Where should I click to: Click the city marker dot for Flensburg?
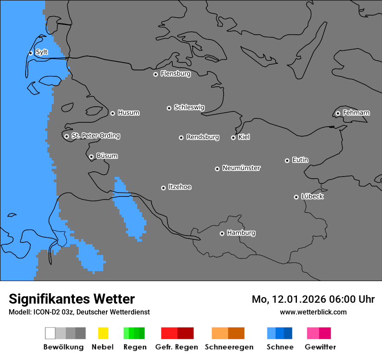coord(155,74)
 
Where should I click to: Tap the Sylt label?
coord(42,52)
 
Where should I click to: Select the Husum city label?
coord(128,113)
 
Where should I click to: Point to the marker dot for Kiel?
coord(233,137)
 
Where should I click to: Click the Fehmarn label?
coord(356,113)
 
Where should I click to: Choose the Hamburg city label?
coord(241,233)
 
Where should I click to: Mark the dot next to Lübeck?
coord(296,197)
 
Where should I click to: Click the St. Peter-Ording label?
coord(95,136)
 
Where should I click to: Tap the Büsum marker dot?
coord(91,157)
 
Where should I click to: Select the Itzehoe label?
coord(180,187)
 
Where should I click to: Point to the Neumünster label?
coord(241,168)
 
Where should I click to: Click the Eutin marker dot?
coord(287,160)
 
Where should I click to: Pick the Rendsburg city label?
coord(203,137)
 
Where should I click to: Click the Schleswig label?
coord(189,107)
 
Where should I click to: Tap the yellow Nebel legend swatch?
coord(103,333)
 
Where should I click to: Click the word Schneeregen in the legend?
coord(229,347)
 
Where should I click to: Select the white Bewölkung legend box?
coord(50,333)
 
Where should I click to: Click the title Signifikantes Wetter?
coord(72,299)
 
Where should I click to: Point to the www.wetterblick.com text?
coord(313,312)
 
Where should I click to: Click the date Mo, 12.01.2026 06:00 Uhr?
coord(313,299)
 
